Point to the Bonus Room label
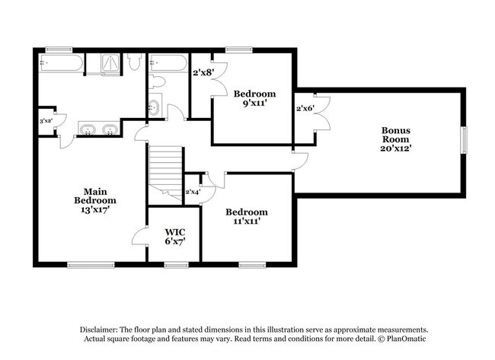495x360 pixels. click(x=395, y=134)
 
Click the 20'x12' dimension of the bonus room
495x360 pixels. click(x=395, y=149)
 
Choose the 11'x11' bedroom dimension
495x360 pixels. click(x=246, y=221)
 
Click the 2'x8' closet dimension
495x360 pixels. click(x=204, y=72)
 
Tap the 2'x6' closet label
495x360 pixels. click(x=305, y=108)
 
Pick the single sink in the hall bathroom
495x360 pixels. click(x=153, y=106)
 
